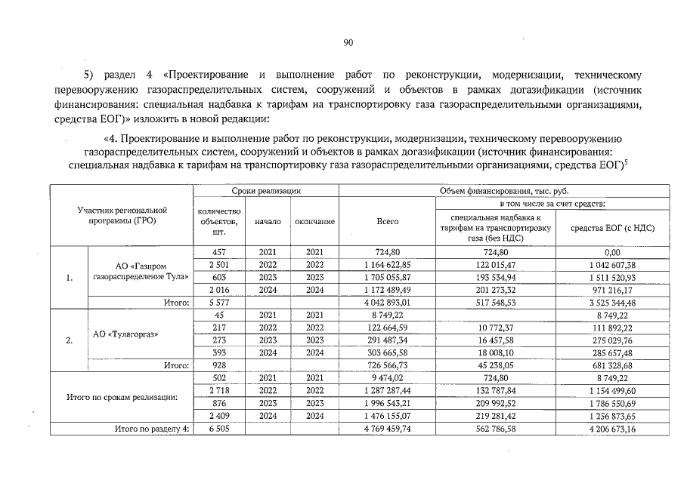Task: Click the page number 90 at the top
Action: point(348,44)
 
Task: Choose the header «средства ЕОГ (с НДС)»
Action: point(611,227)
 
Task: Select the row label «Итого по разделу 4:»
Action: point(150,428)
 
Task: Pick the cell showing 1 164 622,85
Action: point(388,265)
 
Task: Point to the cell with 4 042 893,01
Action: point(388,302)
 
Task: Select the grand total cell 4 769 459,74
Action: point(388,428)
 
